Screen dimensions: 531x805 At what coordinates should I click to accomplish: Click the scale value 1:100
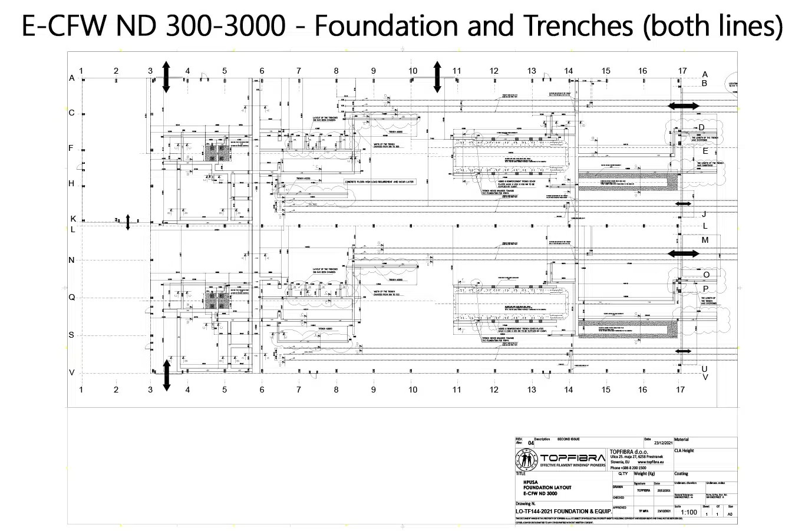(689, 512)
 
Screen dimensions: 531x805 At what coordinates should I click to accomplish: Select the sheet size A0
(731, 514)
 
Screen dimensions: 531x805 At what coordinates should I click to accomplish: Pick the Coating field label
(681, 474)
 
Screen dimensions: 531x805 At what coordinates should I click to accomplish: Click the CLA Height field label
(684, 451)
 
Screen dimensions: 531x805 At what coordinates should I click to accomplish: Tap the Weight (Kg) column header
(645, 474)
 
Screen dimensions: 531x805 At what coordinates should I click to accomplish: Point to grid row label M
(705, 240)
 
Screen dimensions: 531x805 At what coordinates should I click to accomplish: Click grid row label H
(72, 184)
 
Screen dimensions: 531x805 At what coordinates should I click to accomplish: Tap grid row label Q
(72, 298)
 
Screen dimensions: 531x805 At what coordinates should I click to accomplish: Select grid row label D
(701, 127)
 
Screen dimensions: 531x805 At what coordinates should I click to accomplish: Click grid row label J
(704, 215)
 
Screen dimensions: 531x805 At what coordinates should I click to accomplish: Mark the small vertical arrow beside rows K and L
(128, 223)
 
